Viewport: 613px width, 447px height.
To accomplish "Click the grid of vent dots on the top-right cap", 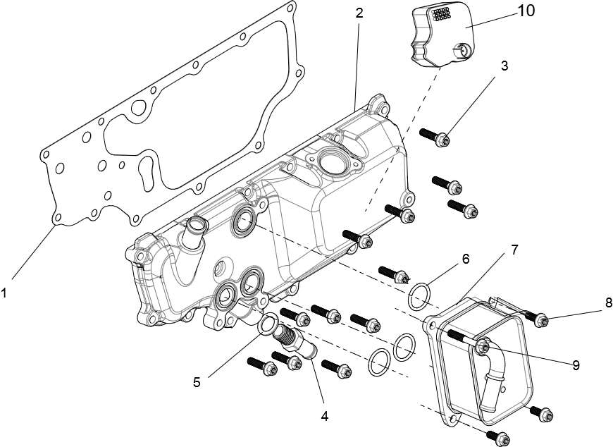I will click(x=440, y=13).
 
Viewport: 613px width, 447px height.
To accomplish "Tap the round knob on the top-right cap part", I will click(x=462, y=50).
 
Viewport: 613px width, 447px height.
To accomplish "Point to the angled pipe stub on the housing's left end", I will click(x=193, y=229).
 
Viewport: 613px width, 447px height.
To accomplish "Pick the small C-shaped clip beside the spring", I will click(x=311, y=347).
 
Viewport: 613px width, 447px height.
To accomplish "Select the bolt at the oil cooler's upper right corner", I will click(x=540, y=321).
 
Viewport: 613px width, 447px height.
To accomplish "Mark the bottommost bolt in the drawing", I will click(x=502, y=437).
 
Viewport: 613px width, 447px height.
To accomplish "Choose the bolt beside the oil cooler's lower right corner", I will click(x=544, y=415).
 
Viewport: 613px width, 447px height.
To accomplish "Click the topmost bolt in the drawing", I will click(x=442, y=139).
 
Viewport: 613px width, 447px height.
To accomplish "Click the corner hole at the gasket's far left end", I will click(x=45, y=153).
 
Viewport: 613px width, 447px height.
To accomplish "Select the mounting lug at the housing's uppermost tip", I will click(x=379, y=106).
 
